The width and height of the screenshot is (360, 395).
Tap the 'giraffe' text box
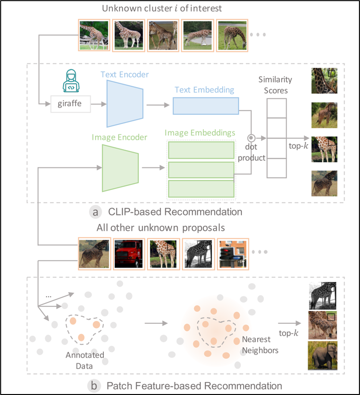click(x=70, y=103)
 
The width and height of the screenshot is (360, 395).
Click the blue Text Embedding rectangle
click(x=205, y=105)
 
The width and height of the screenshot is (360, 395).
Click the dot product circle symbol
click(x=251, y=138)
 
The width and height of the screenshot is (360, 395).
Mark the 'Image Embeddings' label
click(x=199, y=132)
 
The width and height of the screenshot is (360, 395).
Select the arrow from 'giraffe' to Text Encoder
click(x=98, y=103)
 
